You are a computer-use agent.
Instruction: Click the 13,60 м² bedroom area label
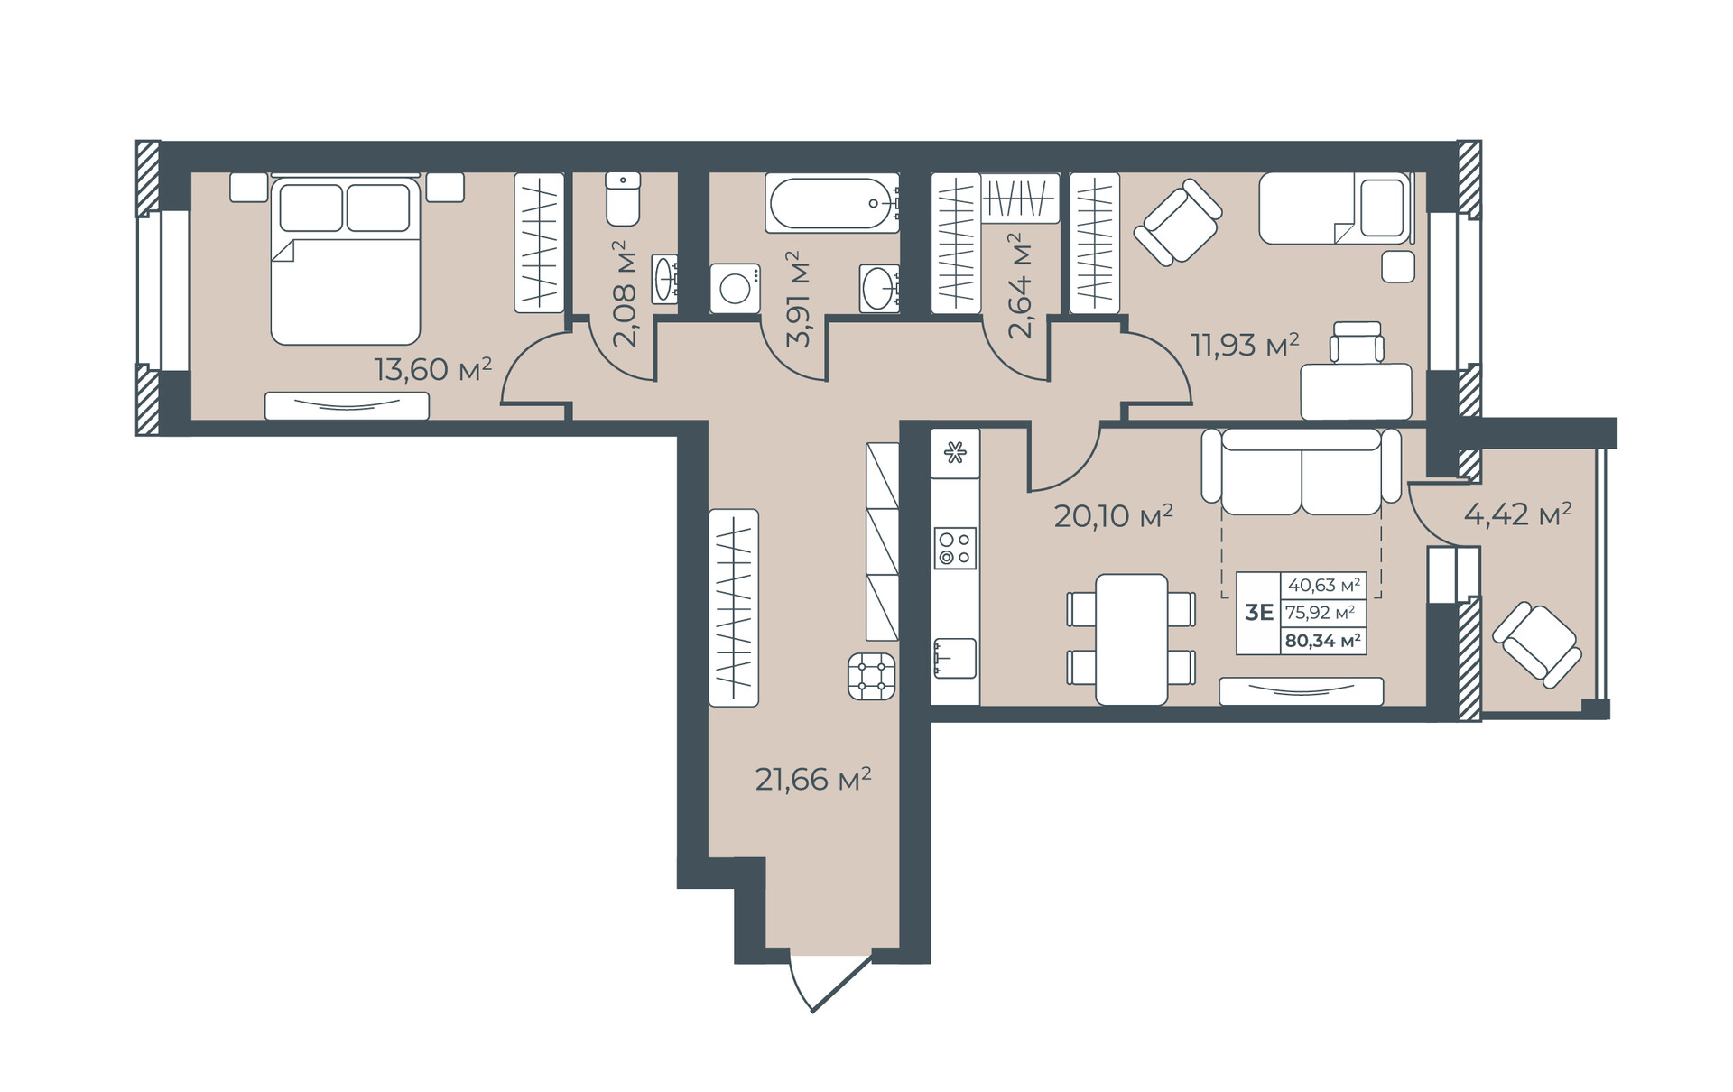(x=433, y=368)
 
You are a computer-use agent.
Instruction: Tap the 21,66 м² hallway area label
(x=813, y=778)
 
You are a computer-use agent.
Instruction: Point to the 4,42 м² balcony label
(x=1517, y=514)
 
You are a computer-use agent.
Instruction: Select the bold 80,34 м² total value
(x=1322, y=641)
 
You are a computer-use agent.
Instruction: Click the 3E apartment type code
(x=1258, y=613)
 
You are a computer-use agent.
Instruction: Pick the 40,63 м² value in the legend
(x=1323, y=585)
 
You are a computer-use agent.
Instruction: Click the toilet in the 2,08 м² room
(x=623, y=199)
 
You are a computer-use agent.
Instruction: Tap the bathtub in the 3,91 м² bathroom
(x=832, y=203)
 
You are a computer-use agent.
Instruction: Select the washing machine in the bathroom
(x=735, y=288)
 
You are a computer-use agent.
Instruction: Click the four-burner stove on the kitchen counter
(x=955, y=548)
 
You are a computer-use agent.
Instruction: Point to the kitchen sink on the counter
(x=955, y=658)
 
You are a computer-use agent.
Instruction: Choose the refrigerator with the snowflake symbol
(x=955, y=453)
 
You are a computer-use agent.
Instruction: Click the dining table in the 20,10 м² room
(x=1132, y=639)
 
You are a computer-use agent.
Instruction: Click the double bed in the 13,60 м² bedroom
(x=346, y=260)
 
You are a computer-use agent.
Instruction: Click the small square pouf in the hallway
(x=872, y=677)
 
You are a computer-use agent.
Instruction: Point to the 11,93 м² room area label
(x=1245, y=344)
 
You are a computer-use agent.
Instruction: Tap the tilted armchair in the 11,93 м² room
(x=1178, y=222)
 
